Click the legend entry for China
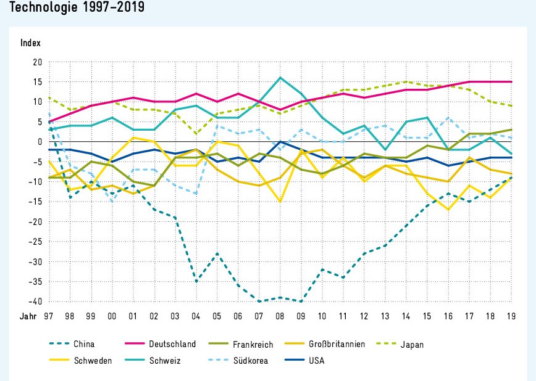(x=84, y=344)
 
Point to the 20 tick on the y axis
(x=36, y=62)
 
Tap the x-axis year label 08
(x=280, y=316)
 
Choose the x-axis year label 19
(x=511, y=316)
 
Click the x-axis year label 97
(x=49, y=316)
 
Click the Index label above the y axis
(x=30, y=43)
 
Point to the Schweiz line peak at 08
(x=280, y=78)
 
